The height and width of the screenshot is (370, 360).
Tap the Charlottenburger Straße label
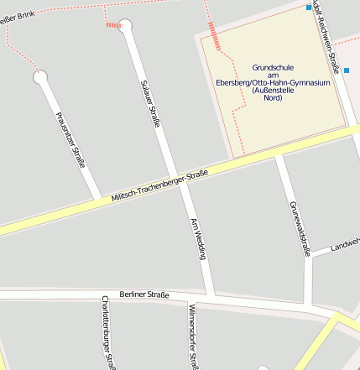tap(108, 333)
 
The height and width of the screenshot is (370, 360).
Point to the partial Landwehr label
tap(344, 244)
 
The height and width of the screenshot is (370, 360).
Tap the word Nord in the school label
tap(273, 98)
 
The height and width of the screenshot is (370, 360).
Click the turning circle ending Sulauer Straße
tap(126, 25)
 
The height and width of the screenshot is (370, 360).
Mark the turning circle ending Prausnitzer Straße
tap(39, 77)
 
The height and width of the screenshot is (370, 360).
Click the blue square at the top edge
tap(309, 8)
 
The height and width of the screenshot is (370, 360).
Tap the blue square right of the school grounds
tap(346, 70)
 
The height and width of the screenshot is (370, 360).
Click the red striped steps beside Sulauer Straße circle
tap(113, 25)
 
